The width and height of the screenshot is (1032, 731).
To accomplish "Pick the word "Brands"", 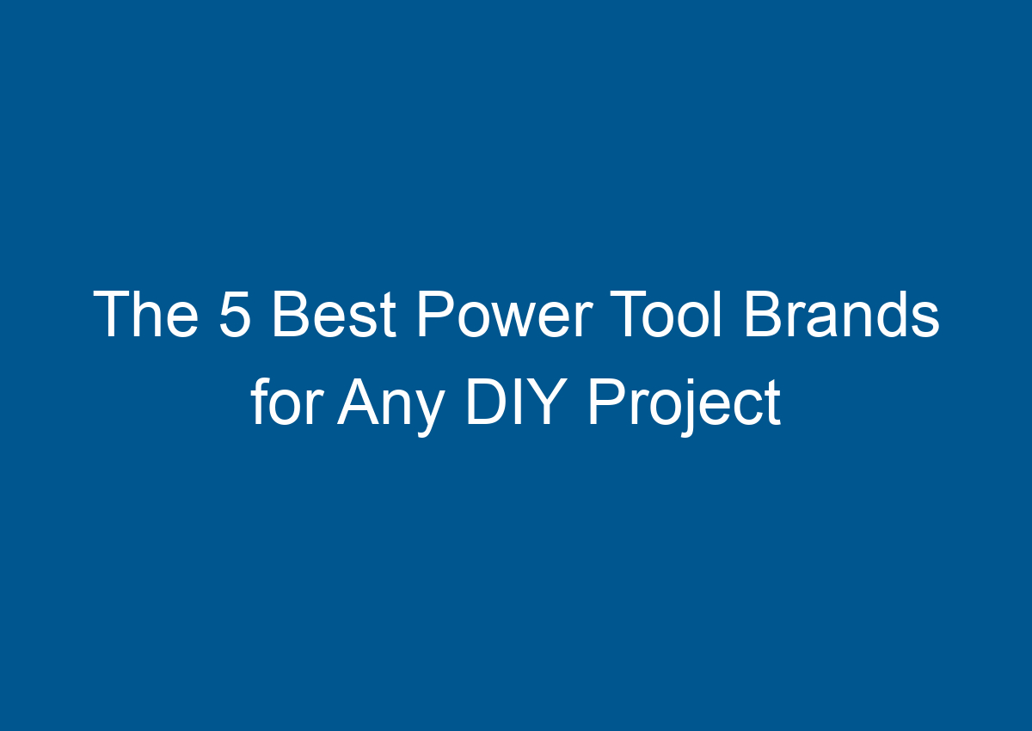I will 841,315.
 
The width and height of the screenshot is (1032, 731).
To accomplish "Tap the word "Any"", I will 391,404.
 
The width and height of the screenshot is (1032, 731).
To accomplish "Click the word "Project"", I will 685,404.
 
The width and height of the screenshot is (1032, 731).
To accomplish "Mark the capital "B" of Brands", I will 762,315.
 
